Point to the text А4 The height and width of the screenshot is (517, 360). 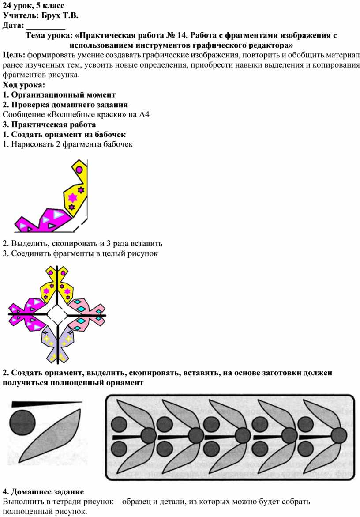(144, 114)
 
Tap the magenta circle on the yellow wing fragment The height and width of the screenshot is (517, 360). (79, 170)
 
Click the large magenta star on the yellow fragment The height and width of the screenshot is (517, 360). (72, 197)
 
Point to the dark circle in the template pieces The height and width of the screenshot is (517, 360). (22, 423)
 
